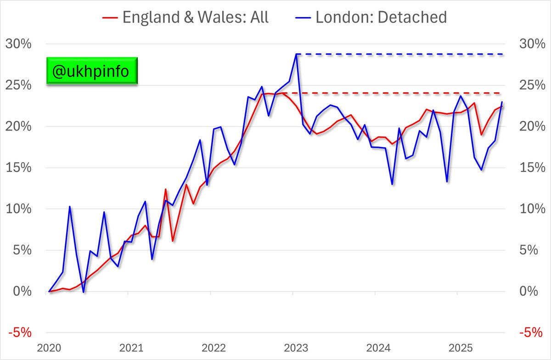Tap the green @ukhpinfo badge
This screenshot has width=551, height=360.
pyautogui.click(x=92, y=71)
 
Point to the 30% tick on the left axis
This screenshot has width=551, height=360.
pyautogui.click(x=18, y=44)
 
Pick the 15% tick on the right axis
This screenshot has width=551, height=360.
pyautogui.click(x=533, y=168)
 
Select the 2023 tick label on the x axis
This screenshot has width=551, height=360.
pyautogui.click(x=293, y=348)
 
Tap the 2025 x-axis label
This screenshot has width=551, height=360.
pyautogui.click(x=457, y=348)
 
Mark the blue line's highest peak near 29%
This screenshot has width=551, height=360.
pyautogui.click(x=297, y=54)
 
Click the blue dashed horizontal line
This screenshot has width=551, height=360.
pyautogui.click(x=399, y=54)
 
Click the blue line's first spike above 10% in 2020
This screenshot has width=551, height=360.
pyautogui.click(x=69, y=207)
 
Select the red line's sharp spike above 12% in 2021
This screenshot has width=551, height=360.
pyautogui.click(x=166, y=189)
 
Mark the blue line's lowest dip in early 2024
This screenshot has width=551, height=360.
pyautogui.click(x=392, y=184)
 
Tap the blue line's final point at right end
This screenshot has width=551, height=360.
pyautogui.click(x=502, y=102)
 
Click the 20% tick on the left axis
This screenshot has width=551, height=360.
pyautogui.click(x=18, y=127)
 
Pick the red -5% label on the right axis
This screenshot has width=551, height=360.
pyautogui.click(x=533, y=332)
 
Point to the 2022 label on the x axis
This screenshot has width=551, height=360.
pyautogui.click(x=211, y=348)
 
